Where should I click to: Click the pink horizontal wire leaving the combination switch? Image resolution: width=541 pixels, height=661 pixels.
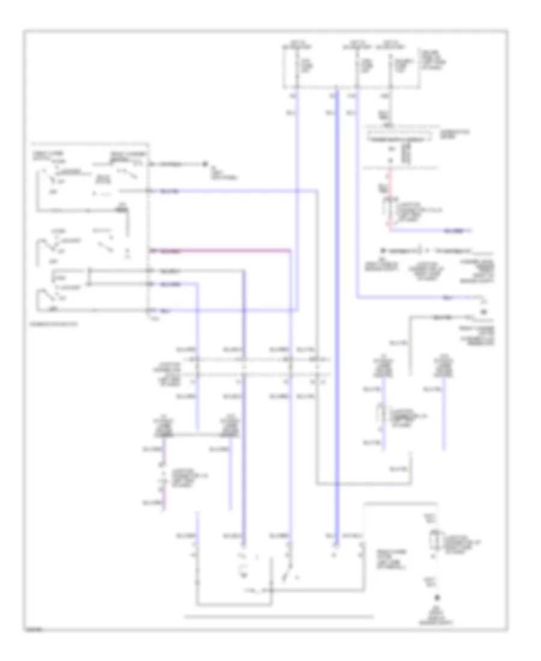[222, 249]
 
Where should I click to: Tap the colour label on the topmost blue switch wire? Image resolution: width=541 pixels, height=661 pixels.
[170, 192]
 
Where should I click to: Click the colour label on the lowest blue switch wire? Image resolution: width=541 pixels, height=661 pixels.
[165, 311]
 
